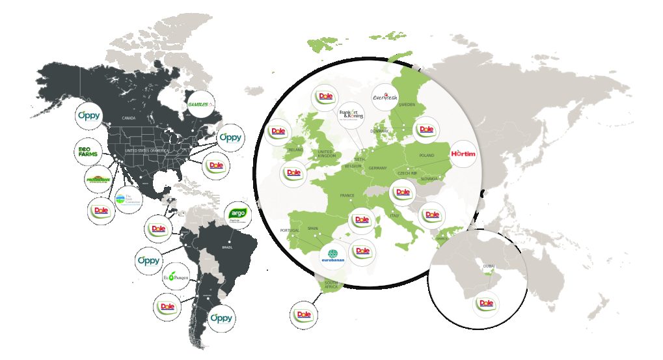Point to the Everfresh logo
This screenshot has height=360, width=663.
point(385,98)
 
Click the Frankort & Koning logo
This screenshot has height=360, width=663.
point(352,115)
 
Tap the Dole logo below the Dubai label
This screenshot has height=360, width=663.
point(485,303)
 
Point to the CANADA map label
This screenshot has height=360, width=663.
point(129,118)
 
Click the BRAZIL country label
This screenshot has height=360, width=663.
point(228,247)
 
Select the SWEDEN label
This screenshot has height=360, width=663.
point(407,104)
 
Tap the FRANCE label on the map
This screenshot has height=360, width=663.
point(347,195)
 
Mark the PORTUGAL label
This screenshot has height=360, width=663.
point(290,230)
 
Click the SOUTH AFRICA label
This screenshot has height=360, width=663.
point(333,284)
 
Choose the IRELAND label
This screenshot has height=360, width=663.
point(295,149)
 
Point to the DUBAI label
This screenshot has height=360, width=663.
point(489,266)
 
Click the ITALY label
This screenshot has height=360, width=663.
point(394,215)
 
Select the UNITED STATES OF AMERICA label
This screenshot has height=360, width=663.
point(146,151)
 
